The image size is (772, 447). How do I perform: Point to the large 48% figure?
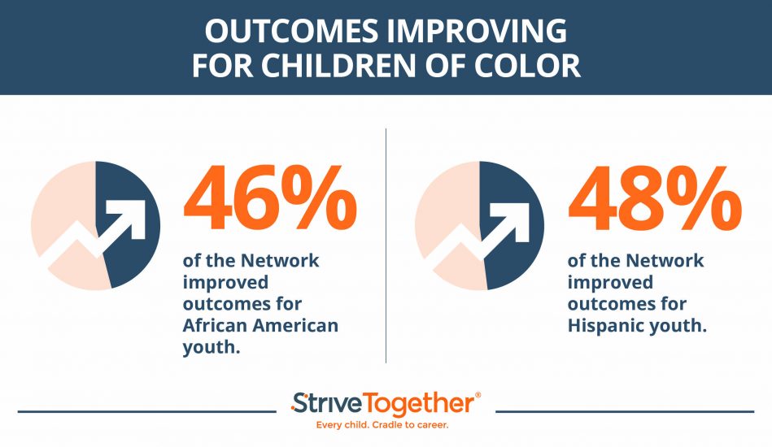click(x=654, y=199)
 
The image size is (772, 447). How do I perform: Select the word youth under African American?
click(x=207, y=348)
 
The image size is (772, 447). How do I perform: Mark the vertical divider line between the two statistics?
click(x=386, y=244)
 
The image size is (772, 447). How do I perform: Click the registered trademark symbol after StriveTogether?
click(x=478, y=395)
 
